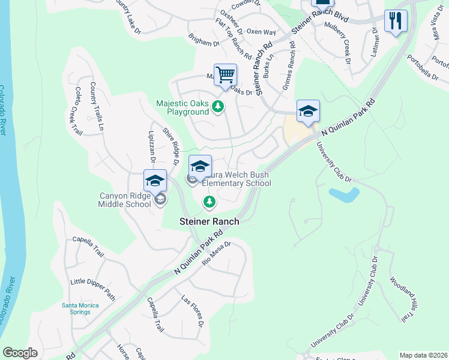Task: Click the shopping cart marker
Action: click(225, 76)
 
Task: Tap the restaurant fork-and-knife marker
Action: click(396, 21)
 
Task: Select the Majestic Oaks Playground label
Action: click(182, 107)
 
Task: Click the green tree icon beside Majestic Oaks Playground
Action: click(218, 108)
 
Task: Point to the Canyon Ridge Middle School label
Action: click(125, 200)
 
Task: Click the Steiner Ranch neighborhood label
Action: click(209, 221)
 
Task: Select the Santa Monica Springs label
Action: click(81, 308)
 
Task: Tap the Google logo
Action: click(20, 353)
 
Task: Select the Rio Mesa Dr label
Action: click(217, 253)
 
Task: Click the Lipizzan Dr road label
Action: click(152, 145)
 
